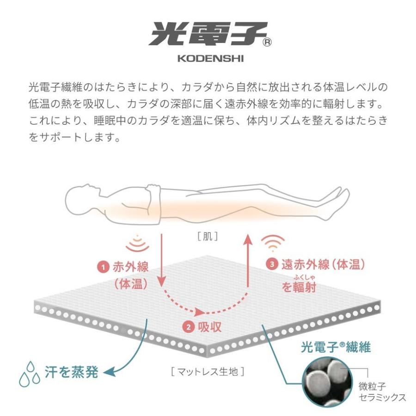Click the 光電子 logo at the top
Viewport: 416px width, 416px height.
point(208,34)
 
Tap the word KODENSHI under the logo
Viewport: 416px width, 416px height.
point(211,58)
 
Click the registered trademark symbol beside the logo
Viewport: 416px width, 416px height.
point(267,43)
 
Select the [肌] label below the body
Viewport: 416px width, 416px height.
point(208,236)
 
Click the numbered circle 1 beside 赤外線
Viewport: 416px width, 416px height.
point(104,267)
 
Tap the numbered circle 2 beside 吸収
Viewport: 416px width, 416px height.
point(189,327)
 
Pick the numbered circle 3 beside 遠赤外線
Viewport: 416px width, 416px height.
point(272,264)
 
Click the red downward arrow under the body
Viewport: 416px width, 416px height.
point(162,260)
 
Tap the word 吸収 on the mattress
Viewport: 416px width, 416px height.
point(209,327)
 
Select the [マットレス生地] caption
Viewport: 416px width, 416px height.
point(208,372)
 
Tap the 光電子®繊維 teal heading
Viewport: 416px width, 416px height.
point(336,347)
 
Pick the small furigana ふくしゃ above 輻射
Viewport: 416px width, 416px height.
point(305,277)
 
